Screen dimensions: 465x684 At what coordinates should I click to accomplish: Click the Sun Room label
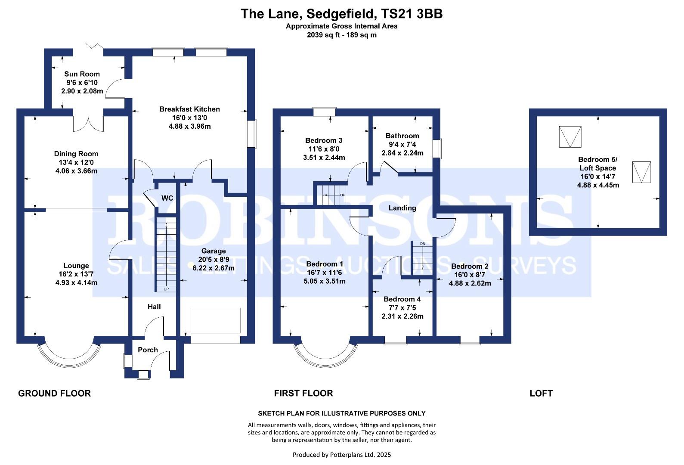tap(82, 74)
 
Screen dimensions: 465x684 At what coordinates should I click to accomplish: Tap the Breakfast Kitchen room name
tap(189, 109)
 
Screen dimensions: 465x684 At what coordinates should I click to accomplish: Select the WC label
tap(167, 198)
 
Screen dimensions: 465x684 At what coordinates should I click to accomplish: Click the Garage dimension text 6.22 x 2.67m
tap(214, 268)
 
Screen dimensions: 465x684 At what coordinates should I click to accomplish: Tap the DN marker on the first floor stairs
tap(422, 244)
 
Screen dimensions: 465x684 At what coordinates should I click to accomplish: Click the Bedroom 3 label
tap(324, 140)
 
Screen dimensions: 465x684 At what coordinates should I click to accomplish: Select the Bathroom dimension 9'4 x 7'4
tap(402, 144)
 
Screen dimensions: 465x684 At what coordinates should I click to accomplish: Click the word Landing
tap(402, 208)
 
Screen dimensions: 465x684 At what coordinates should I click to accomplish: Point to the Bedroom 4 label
tap(402, 299)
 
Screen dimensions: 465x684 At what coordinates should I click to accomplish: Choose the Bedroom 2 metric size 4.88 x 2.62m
tap(470, 283)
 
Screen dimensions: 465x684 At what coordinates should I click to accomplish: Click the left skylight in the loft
tap(570, 137)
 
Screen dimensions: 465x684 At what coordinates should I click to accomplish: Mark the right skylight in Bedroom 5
tap(641, 172)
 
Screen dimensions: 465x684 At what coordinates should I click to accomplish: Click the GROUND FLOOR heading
tap(54, 393)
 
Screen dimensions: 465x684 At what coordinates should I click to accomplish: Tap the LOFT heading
tap(541, 393)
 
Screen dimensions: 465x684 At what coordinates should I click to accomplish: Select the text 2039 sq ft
tap(322, 35)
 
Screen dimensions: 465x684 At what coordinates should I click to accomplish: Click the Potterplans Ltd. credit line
tap(341, 455)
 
